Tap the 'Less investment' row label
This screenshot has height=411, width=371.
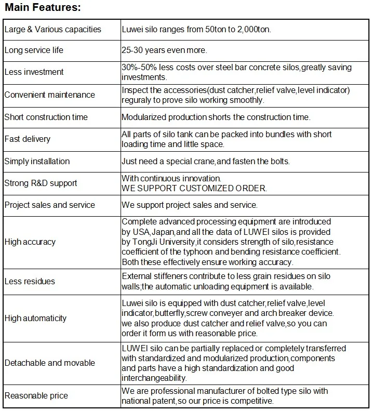(x=34, y=72)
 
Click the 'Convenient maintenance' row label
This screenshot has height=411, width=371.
(x=50, y=95)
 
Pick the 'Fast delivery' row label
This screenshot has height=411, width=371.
(x=28, y=139)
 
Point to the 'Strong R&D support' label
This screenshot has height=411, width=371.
(x=41, y=183)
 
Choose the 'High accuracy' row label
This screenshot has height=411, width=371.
(x=30, y=242)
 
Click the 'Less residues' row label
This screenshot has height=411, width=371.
(x=30, y=281)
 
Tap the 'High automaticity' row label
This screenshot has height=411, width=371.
(x=35, y=318)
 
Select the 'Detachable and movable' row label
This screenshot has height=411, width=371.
(x=50, y=362)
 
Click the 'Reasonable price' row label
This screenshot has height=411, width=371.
(x=36, y=396)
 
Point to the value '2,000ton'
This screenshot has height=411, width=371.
(x=254, y=29)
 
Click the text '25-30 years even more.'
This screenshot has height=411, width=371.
(x=164, y=50)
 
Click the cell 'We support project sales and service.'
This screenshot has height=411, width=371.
(x=190, y=205)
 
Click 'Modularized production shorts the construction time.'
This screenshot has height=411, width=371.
(x=216, y=117)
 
